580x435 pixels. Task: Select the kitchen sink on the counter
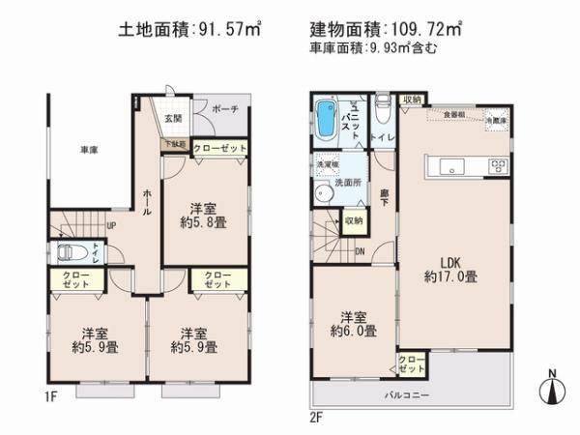(x=454, y=166)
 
